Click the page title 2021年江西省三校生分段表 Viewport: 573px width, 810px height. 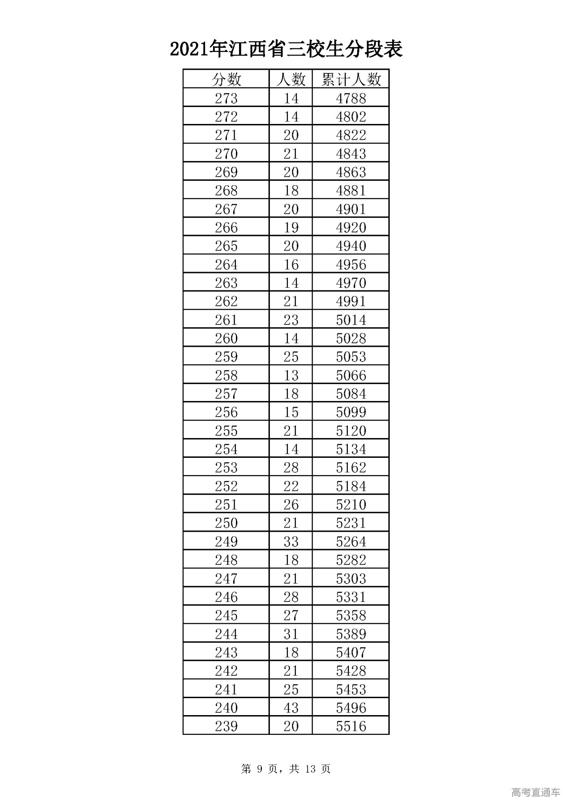[x=286, y=49]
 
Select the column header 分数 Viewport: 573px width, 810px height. [x=226, y=80]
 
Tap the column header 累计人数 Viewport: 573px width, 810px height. [x=351, y=80]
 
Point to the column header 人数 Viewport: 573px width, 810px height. [x=291, y=80]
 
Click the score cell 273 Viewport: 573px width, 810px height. [x=226, y=98]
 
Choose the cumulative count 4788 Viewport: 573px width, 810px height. [x=351, y=98]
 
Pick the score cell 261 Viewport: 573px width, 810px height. [x=226, y=320]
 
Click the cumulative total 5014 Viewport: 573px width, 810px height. [x=351, y=320]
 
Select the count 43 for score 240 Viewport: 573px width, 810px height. [x=291, y=708]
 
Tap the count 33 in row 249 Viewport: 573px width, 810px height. [x=291, y=541]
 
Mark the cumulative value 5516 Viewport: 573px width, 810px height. [x=351, y=726]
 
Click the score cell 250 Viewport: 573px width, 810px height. [x=226, y=523]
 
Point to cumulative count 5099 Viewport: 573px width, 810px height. [x=351, y=412]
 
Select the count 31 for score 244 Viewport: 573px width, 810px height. [x=291, y=634]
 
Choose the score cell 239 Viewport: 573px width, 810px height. [x=226, y=726]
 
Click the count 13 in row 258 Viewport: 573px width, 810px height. [x=291, y=375]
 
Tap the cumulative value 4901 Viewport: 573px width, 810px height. [x=351, y=209]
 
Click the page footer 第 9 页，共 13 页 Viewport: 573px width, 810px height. [x=286, y=769]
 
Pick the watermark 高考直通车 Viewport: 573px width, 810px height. [x=535, y=793]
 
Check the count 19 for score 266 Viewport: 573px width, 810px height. [x=291, y=227]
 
